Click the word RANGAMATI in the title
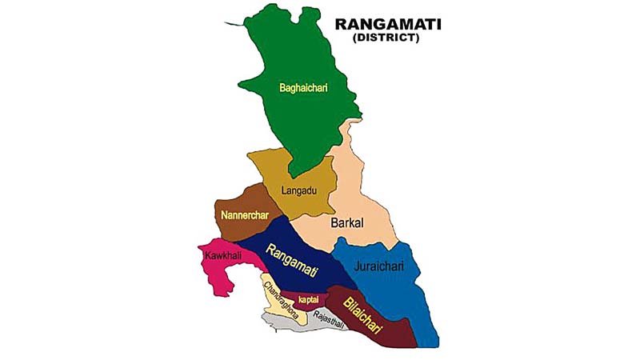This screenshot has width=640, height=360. pos(387,25)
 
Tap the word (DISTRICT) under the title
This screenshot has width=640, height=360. pos(387,38)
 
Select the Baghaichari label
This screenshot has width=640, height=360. pos(303,88)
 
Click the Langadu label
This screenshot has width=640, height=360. pos(301,190)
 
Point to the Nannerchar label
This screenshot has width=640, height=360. pos(242,216)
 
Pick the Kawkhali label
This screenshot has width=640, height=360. pos(222,254)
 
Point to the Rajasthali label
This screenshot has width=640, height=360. pos(328,317)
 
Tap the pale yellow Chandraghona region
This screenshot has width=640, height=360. pos(276,308)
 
